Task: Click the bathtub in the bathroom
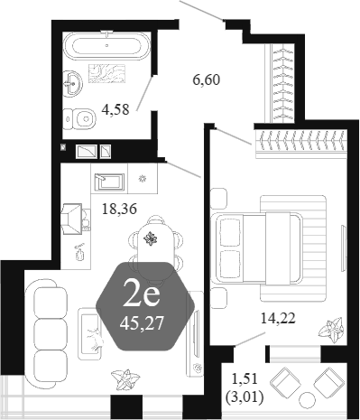click(x=106, y=46)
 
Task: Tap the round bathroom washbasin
click(x=72, y=83)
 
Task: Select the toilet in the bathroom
click(x=79, y=119)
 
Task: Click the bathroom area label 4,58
click(x=115, y=109)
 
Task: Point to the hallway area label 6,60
click(x=207, y=80)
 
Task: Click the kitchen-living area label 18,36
click(x=119, y=209)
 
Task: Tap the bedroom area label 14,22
click(x=278, y=318)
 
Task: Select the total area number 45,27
click(x=142, y=323)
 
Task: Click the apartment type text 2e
click(x=141, y=296)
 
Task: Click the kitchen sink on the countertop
click(x=109, y=182)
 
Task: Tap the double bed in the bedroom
click(x=257, y=248)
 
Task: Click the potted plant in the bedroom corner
click(x=331, y=330)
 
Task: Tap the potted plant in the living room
click(x=125, y=380)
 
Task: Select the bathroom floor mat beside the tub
click(x=106, y=73)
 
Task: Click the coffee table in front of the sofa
click(x=90, y=333)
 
